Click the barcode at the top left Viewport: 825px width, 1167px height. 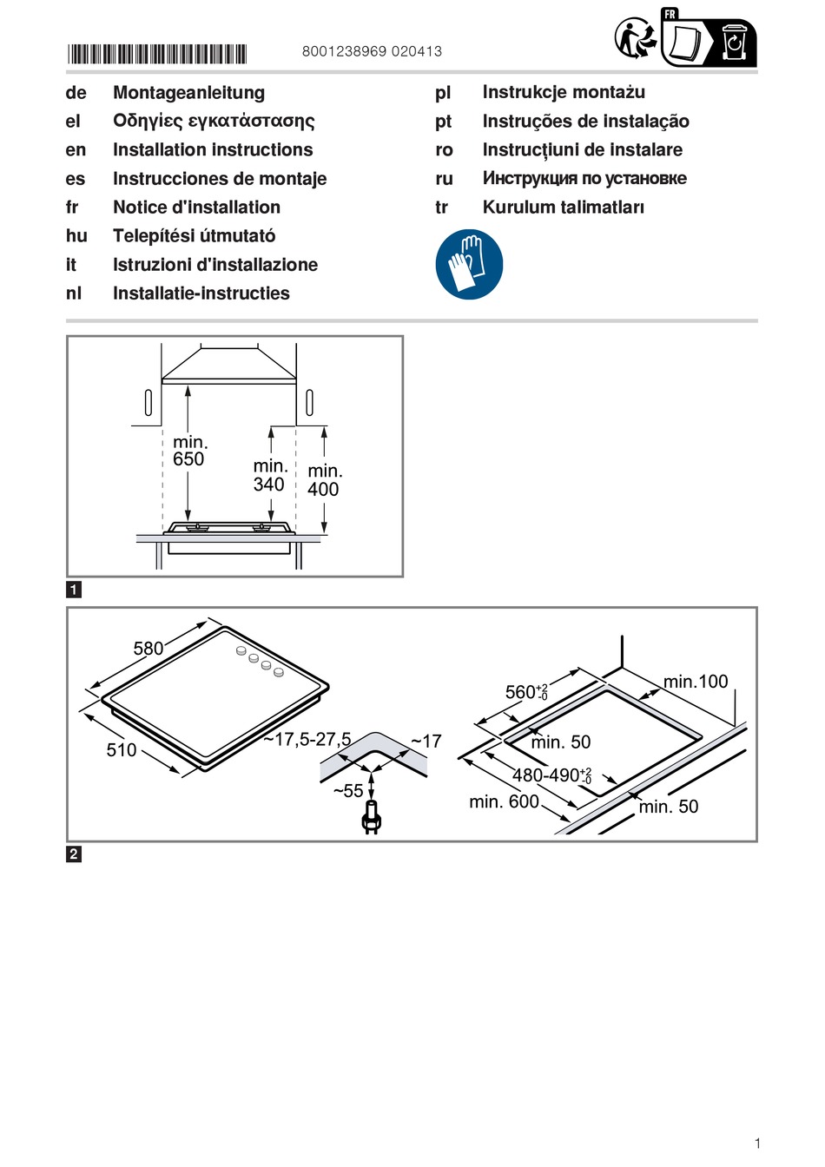coord(157,54)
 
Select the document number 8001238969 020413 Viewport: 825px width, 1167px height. coord(372,51)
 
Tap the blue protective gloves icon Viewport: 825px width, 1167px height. coord(469,265)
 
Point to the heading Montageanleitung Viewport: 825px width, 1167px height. coord(188,93)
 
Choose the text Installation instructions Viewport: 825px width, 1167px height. coord(213,150)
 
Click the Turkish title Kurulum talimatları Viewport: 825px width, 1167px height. coord(563,208)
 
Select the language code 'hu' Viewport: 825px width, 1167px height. coord(76,236)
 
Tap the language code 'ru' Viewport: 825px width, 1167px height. coord(444,179)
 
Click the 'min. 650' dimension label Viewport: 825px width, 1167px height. coord(189,451)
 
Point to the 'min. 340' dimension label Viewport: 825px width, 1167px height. coord(270,476)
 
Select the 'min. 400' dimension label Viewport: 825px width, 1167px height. coord(324,480)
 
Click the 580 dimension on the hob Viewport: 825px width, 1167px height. coord(148,649)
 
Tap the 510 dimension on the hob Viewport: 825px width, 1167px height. coord(122,750)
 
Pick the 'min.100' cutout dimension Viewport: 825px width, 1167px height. coord(696,682)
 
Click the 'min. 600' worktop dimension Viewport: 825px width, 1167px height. coord(504,801)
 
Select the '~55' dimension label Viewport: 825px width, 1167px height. coord(348,791)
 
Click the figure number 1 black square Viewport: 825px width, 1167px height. coord(74,590)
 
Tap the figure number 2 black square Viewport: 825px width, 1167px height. coord(74,854)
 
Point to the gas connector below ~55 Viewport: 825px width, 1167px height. coord(372,819)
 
